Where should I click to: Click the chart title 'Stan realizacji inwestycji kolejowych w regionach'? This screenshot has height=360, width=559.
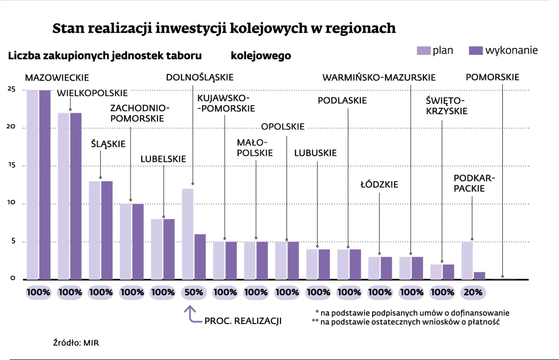point(224,28)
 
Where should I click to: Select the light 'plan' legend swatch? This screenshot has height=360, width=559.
point(423,51)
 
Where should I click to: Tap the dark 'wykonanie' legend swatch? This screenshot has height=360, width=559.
point(476,51)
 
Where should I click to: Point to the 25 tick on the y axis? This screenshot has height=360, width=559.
point(11,89)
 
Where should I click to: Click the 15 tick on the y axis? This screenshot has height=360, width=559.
point(11,165)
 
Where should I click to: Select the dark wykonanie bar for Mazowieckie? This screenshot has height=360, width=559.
point(45,185)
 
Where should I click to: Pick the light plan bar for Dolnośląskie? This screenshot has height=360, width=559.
point(188,234)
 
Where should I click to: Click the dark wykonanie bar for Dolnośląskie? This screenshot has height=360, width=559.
point(200,257)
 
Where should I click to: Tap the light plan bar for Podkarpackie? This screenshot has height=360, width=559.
point(467,260)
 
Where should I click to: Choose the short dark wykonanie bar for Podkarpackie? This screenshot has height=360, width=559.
point(479,276)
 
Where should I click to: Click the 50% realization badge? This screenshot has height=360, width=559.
point(194,292)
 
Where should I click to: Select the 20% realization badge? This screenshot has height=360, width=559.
point(473,292)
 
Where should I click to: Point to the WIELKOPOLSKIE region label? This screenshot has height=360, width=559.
point(92,93)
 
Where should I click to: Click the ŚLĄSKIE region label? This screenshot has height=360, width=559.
point(108,144)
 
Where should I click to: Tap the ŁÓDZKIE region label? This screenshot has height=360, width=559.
point(379,185)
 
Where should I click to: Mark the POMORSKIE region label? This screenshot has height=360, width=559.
point(492,77)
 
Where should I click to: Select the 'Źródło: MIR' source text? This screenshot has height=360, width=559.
point(76,343)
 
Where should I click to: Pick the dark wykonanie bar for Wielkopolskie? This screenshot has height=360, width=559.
point(76,196)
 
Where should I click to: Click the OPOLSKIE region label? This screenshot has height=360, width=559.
point(283,127)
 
